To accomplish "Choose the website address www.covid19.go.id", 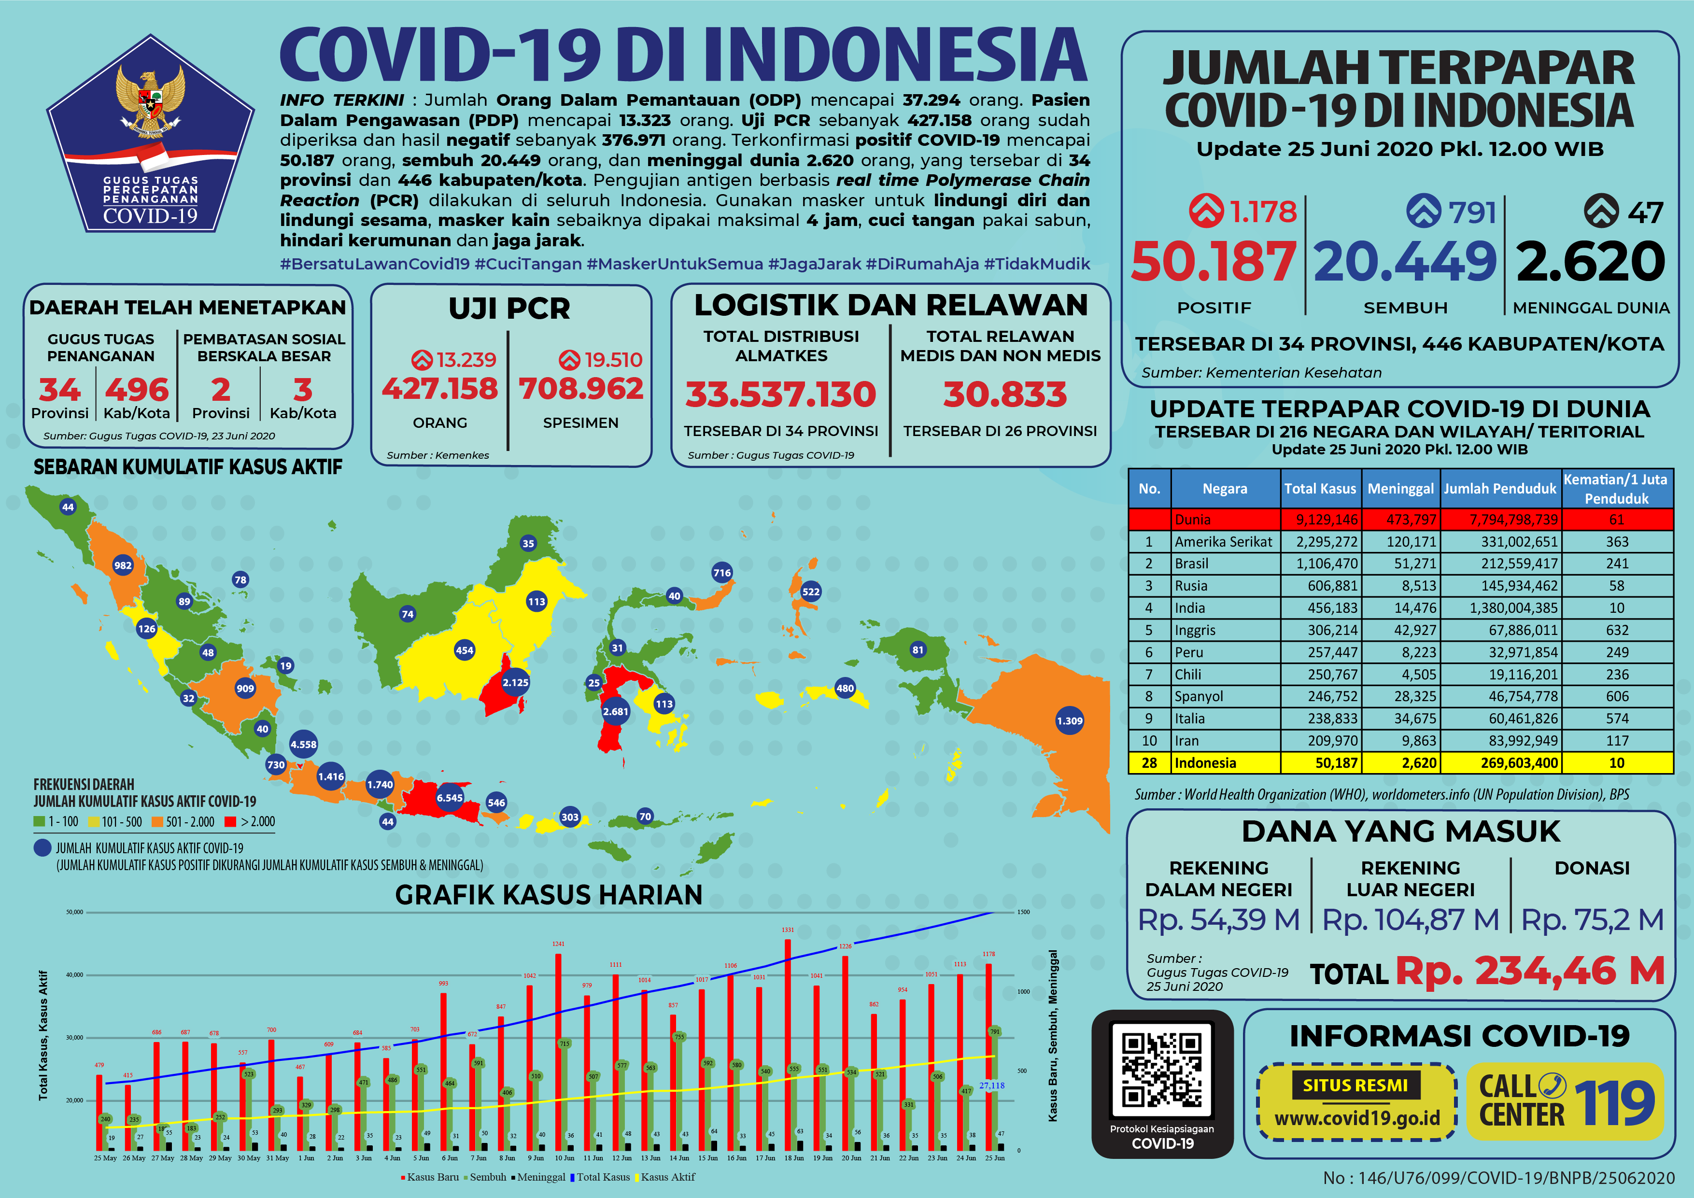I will [x=1357, y=1118].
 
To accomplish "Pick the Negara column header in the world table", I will [x=1225, y=488].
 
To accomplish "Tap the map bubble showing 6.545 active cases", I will [x=449, y=797].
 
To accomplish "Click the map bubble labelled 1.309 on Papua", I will [x=1069, y=721].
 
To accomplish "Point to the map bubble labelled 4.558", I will [x=303, y=744].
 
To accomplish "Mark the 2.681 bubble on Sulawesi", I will [x=615, y=711].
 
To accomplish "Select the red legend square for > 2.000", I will [x=230, y=822].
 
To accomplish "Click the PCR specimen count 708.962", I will [x=580, y=389].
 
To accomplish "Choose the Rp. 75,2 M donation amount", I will [x=1592, y=920].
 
